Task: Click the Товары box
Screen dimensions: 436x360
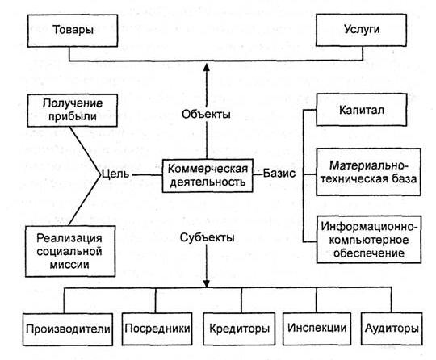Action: [73, 31]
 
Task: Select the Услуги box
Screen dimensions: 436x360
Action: [361, 30]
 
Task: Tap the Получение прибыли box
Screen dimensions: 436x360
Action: [73, 111]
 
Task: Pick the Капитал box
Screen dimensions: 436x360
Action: [362, 110]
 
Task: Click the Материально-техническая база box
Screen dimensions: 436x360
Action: [368, 172]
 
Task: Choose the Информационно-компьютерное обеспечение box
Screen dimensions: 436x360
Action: [369, 240]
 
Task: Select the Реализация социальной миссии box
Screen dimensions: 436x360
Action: [70, 251]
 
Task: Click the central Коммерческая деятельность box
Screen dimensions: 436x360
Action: [208, 175]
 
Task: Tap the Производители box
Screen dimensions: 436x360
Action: [68, 329]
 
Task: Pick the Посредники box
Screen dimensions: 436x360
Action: [157, 329]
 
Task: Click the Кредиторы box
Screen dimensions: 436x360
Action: [239, 329]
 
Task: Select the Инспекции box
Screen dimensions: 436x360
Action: [317, 329]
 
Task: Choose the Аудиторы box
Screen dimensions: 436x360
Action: [392, 329]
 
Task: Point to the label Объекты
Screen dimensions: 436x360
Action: [206, 114]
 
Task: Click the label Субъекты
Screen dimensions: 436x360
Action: [207, 237]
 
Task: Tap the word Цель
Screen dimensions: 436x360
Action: [115, 174]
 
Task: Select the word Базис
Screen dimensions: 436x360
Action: [279, 174]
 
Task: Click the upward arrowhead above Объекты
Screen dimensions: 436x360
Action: [207, 67]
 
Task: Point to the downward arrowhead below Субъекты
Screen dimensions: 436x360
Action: [207, 283]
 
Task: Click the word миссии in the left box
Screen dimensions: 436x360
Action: [69, 265]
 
